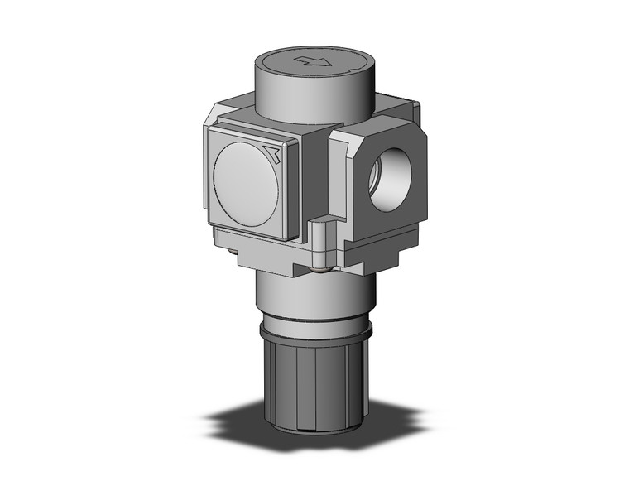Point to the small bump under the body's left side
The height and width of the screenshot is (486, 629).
coord(218,240)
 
